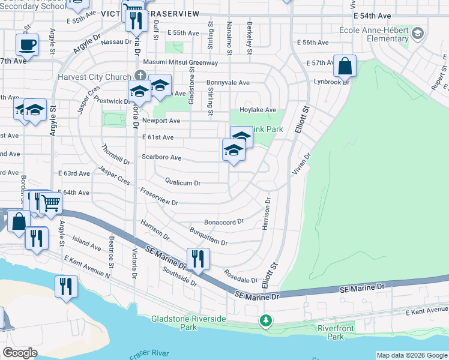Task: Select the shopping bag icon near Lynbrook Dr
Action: coord(345,67)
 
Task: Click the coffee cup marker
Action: coord(27,44)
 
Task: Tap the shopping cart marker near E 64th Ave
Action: coord(50,204)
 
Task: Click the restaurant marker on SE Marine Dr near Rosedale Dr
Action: coord(198,259)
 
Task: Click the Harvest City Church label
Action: coord(94,77)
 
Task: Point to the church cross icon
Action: coord(140,76)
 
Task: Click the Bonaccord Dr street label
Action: coord(224,221)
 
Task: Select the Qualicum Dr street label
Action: coord(182,182)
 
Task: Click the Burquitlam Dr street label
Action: coord(208,235)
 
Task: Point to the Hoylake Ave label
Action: coord(258,110)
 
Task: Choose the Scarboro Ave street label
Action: coord(161,157)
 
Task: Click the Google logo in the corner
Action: coord(20,353)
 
